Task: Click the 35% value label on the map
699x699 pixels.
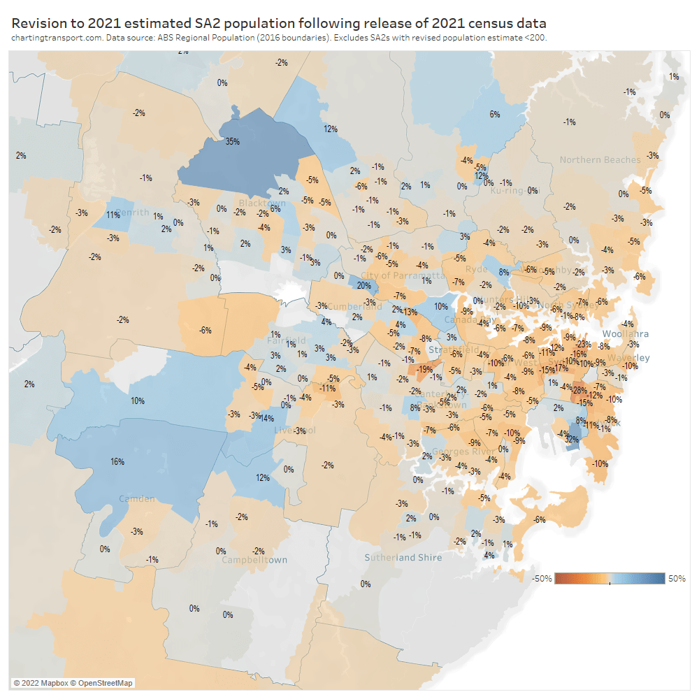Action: point(232,141)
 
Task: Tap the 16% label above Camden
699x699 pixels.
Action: point(117,462)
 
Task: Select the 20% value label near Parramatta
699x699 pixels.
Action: point(363,285)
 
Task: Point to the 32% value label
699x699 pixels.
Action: point(572,440)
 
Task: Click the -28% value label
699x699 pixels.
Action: point(579,390)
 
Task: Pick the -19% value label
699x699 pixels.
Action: point(424,369)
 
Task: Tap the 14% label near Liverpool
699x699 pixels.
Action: point(266,418)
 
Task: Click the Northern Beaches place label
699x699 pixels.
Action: point(600,160)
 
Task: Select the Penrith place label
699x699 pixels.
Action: point(134,212)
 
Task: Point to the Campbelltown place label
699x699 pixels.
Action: point(254,560)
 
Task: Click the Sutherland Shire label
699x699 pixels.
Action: point(403,557)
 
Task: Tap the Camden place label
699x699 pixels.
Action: point(137,499)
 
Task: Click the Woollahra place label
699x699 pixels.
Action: point(626,334)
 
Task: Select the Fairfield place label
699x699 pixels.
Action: point(287,341)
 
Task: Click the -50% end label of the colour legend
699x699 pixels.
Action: point(542,578)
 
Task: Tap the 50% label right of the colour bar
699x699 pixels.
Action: point(677,578)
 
